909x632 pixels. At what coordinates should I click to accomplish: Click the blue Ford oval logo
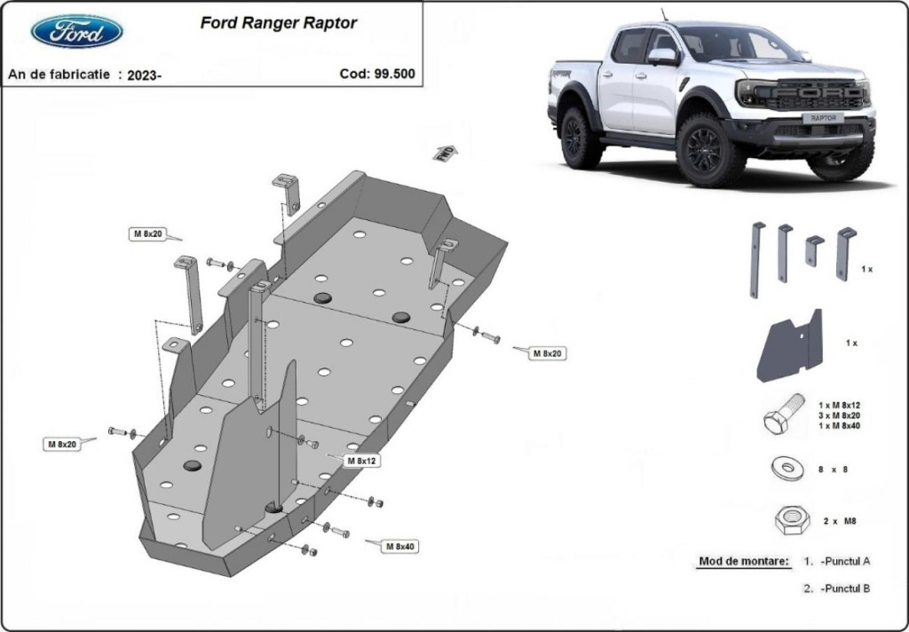coord(76,32)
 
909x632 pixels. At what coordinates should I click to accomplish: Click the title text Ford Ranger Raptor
coord(279,23)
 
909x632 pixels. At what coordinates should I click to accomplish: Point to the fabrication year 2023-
coord(144,75)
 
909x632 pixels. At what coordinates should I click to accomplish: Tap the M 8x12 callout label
coord(362,461)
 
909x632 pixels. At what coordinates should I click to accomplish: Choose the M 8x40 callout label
coord(399,547)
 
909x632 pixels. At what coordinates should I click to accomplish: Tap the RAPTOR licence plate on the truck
coord(823,118)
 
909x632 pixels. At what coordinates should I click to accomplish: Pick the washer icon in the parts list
coord(787,468)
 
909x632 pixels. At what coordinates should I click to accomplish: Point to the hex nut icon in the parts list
coord(789,520)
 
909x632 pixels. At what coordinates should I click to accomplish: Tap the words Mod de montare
coord(743,561)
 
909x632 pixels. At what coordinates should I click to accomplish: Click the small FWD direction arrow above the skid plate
coord(445,153)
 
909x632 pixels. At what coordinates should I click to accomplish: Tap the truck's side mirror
coord(661,57)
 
